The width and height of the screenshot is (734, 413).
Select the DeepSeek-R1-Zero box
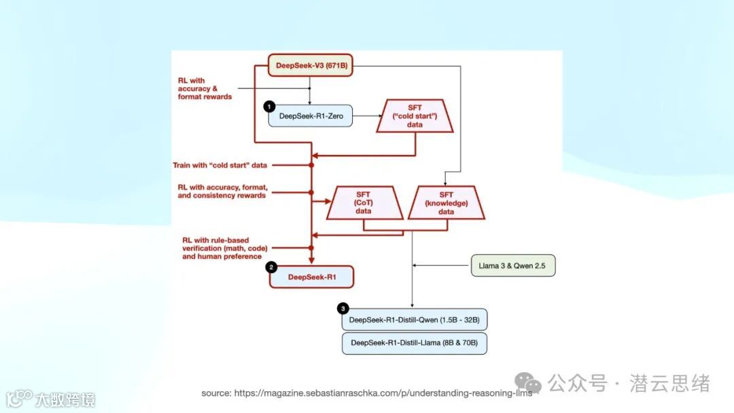[311, 117]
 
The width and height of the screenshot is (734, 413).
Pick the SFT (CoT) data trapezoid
[363, 202]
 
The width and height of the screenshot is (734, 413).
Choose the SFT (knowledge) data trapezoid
[445, 202]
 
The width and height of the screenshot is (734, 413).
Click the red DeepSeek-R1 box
[312, 277]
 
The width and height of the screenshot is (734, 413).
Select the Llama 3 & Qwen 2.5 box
[513, 266]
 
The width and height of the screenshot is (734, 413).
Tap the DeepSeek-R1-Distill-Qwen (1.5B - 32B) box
[415, 320]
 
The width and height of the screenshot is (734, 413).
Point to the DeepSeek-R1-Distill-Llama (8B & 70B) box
[415, 343]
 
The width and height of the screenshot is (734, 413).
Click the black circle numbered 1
[269, 107]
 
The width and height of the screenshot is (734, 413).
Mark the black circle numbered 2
[271, 267]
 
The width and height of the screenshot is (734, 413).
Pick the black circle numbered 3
[343, 310]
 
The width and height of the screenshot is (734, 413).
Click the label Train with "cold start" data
[220, 165]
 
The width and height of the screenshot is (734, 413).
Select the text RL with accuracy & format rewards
[205, 89]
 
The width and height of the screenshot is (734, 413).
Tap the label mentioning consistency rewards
[222, 191]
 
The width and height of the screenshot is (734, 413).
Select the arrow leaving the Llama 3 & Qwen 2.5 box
[442, 266]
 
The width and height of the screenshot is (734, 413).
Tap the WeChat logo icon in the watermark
[527, 382]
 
